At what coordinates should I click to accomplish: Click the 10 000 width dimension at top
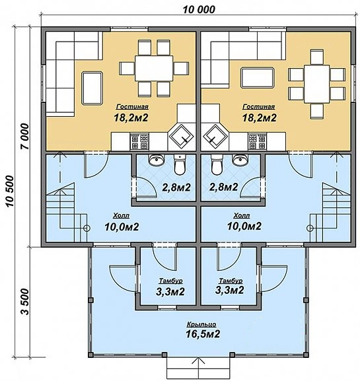(x=199, y=9)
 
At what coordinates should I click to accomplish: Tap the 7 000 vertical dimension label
(x=25, y=136)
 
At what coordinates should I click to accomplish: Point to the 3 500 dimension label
(x=25, y=302)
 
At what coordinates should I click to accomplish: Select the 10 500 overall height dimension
(x=10, y=191)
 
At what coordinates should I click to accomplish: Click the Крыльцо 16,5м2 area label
(x=203, y=330)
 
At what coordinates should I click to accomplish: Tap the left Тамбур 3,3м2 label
(x=170, y=287)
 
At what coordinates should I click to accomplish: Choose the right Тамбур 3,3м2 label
(x=230, y=287)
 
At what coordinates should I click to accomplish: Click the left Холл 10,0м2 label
(x=122, y=222)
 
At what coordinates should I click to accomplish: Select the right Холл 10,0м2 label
(x=244, y=222)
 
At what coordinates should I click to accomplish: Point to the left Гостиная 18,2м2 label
(x=131, y=113)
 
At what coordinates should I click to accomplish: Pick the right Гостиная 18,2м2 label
(x=260, y=113)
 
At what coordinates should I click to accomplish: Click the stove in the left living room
(x=139, y=141)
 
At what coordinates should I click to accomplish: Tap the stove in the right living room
(x=257, y=141)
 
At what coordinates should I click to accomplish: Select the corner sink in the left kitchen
(x=182, y=137)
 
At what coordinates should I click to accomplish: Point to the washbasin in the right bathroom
(x=240, y=159)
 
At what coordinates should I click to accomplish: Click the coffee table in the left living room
(x=92, y=88)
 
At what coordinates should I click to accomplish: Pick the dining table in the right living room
(x=316, y=84)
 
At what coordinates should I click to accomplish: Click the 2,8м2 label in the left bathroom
(x=176, y=188)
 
